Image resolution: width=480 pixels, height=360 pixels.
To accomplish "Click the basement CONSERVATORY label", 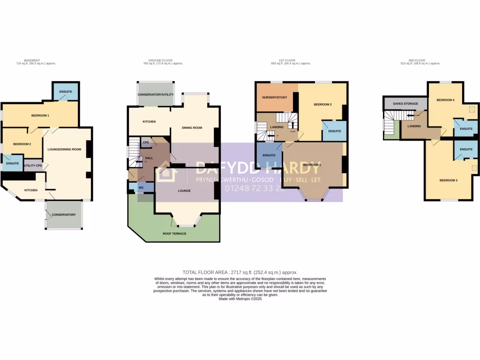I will (x=64, y=215).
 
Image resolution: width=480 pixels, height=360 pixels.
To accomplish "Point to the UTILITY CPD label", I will (x=33, y=165).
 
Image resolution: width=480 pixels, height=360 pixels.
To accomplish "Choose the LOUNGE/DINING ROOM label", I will (x=65, y=150).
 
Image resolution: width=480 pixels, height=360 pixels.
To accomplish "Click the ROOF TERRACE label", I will (x=174, y=233).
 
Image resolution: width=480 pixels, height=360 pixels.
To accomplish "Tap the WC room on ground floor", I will (x=140, y=187).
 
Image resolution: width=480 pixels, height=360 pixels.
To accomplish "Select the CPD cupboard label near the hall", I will (x=146, y=142).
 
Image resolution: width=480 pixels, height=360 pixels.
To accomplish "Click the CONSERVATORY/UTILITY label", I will (x=156, y=95).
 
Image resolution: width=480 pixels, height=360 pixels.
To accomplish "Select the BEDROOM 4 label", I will (x=445, y=100).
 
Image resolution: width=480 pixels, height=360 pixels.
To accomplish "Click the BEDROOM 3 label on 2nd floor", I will (x=449, y=180).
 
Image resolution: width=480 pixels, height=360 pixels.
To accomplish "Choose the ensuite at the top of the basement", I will (x=66, y=91).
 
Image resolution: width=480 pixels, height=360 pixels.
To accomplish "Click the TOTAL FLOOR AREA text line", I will (x=240, y=272).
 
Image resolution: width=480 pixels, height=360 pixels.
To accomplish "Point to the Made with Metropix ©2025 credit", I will (x=240, y=299).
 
